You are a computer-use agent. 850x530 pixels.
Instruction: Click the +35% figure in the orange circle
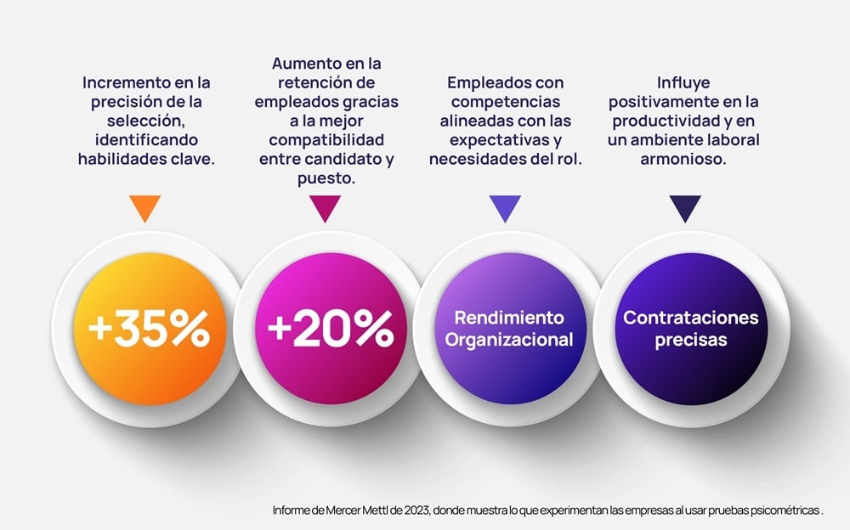point(148,330)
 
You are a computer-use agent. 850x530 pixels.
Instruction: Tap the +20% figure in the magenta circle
point(331,330)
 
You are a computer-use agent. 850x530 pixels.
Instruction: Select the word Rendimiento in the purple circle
point(509,318)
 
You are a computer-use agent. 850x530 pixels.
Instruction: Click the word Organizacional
point(509,341)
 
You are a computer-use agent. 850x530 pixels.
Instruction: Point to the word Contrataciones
point(690,318)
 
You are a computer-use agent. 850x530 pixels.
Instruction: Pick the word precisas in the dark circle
point(690,341)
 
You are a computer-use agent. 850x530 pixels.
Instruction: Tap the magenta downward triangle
point(326,207)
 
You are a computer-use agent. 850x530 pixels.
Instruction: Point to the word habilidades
point(116,158)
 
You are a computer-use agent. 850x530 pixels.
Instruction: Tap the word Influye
point(684,83)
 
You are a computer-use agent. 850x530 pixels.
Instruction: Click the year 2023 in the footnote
point(410,510)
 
